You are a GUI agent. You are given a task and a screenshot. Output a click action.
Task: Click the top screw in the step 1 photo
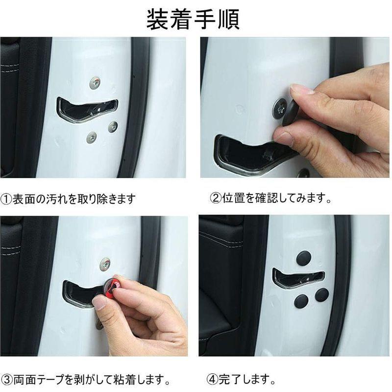[x=95, y=83]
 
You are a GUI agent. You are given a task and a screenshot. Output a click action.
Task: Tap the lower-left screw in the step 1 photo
[x=92, y=137]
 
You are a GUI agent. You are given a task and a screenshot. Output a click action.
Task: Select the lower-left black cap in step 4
[x=301, y=300]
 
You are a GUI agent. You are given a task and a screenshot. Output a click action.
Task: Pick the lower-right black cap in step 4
[x=322, y=294]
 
